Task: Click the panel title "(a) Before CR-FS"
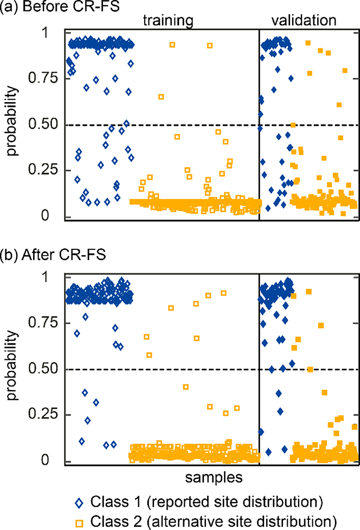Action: pos(60,7)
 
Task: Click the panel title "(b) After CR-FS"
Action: pos(53,255)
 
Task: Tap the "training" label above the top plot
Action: pos(168,21)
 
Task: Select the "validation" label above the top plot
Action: pos(304,20)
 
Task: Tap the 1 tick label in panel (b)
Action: pos(45,277)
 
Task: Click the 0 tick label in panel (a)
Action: pos(45,215)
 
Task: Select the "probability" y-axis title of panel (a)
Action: pos(11,121)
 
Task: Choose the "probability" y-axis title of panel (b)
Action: pos(11,365)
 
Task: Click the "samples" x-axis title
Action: pos(214,477)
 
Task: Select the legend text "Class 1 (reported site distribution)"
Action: pos(207,502)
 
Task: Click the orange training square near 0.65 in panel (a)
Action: pos(161,97)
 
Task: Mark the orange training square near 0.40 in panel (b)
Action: pos(185,387)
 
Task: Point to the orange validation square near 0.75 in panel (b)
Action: pos(321,326)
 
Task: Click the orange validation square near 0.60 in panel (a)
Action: pos(339,105)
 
